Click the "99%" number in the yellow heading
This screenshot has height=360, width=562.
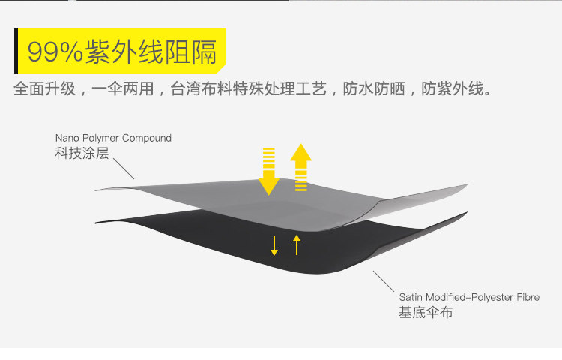tap(55, 52)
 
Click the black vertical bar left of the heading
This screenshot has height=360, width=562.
tap(16, 52)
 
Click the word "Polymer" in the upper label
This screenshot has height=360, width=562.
tap(100, 139)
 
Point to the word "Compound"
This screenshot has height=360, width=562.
tap(147, 139)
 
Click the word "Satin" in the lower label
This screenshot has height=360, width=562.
tap(411, 297)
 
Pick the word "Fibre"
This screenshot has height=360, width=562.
tap(525, 297)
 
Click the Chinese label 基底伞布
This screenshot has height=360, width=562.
tap(426, 313)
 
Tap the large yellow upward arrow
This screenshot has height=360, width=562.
tap(301, 166)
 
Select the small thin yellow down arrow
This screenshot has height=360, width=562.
tap(274, 244)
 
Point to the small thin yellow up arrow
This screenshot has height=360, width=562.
tap(297, 244)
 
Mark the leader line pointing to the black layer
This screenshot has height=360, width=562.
tap(384, 281)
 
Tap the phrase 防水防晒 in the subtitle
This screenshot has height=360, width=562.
tap(374, 90)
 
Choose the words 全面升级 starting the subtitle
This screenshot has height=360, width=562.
tap(44, 90)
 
